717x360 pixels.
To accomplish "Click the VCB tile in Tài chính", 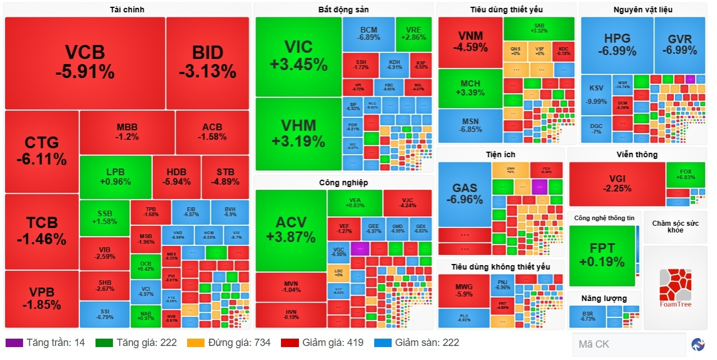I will tap(85, 62).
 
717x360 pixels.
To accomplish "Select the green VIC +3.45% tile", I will tap(298, 56).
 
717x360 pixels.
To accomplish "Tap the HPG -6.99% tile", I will tap(617, 45).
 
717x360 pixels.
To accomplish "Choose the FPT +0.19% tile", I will tap(602, 256).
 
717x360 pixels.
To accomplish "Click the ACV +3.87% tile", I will tap(291, 230).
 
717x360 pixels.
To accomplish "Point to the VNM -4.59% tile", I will tap(470, 42).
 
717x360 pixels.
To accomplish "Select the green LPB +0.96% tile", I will tap(115, 177).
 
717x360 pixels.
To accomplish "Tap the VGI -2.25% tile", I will tap(617, 184).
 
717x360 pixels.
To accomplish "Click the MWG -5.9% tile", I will tap(464, 290).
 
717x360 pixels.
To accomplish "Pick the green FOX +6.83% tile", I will tap(686, 174).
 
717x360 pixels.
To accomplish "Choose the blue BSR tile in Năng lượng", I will tap(587, 316).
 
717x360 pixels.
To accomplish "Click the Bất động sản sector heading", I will tap(343, 10).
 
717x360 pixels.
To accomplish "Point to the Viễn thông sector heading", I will tap(637, 154).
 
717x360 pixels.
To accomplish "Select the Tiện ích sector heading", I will tap(501, 154).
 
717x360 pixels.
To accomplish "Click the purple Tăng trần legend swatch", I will tap(14, 343).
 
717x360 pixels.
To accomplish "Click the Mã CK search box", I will tap(628, 344).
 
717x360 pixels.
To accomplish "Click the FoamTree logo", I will tap(675, 288).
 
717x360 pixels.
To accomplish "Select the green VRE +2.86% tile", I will tap(414, 34).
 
